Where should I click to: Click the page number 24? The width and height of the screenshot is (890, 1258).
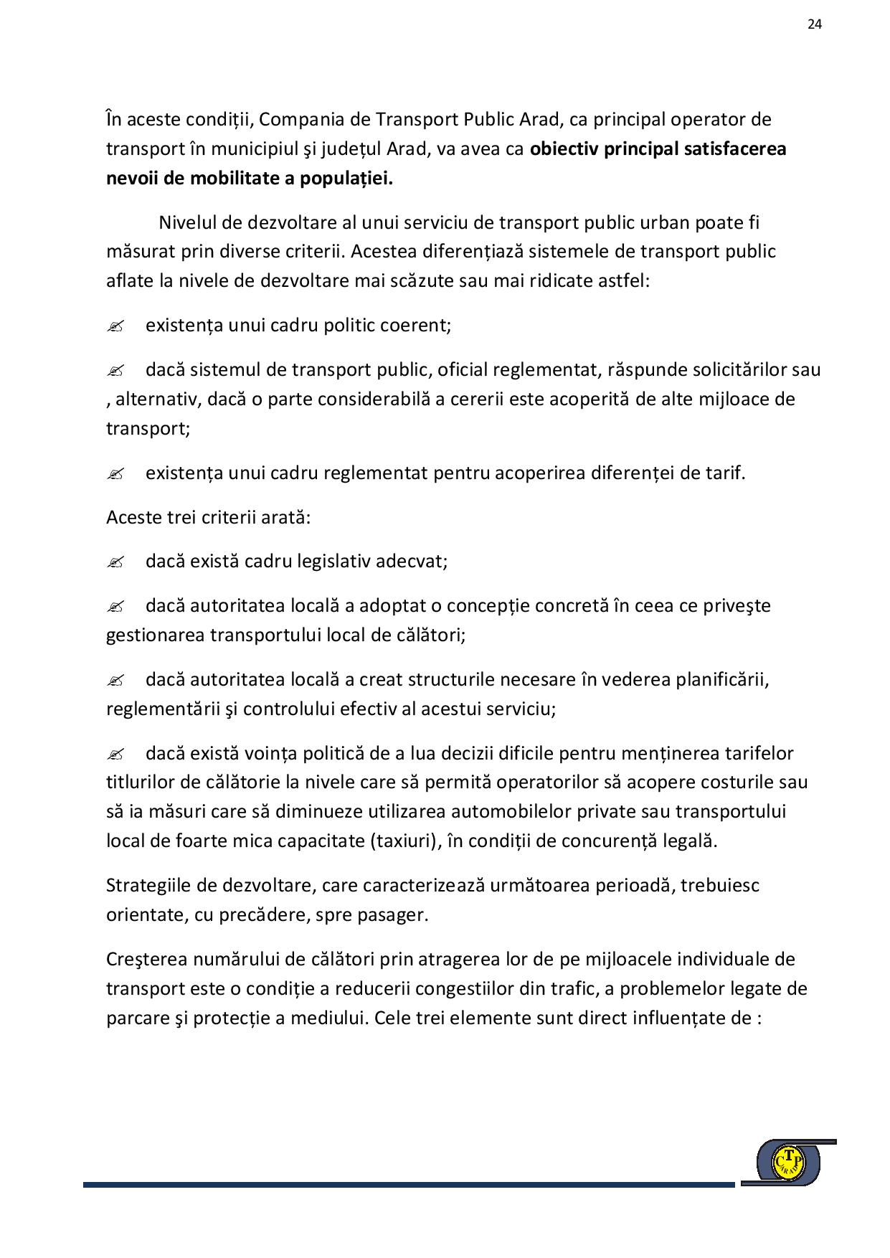[x=814, y=24]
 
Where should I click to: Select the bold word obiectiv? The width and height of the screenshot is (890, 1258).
[x=563, y=149]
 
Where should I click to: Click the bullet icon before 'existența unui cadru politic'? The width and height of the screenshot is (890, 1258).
[x=115, y=326]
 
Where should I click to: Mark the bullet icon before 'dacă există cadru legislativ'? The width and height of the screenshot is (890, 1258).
[x=115, y=562]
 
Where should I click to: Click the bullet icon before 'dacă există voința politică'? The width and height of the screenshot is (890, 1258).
[x=115, y=755]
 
